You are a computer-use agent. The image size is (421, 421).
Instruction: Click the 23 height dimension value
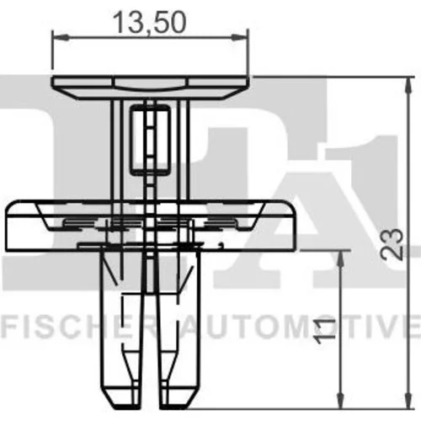(x=392, y=243)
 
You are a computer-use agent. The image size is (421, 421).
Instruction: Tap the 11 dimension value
(x=325, y=331)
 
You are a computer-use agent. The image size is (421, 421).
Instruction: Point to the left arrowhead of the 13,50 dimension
(x=61, y=36)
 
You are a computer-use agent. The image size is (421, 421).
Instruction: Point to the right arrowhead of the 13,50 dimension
(x=240, y=36)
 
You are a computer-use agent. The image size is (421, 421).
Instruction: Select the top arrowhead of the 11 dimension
(x=341, y=258)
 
